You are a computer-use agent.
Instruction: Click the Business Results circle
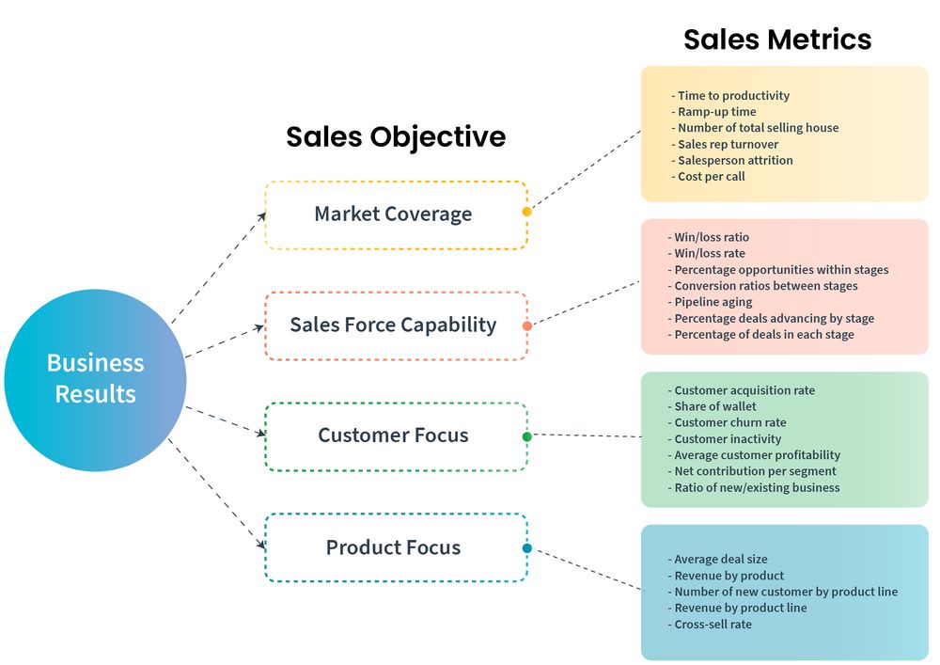[95, 379]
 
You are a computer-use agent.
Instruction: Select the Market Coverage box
[394, 214]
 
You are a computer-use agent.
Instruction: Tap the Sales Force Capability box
[394, 325]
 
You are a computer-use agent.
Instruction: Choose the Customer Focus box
[394, 435]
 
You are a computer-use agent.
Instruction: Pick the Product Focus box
[394, 547]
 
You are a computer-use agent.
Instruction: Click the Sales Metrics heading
[777, 40]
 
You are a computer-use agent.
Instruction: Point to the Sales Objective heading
[396, 136]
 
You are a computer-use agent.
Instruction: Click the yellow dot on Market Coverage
[527, 212]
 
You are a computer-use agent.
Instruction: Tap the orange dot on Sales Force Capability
[527, 325]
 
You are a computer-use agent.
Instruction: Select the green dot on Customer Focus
[527, 436]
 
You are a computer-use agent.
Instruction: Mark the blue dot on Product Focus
[527, 548]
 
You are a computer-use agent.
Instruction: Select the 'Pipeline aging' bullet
[713, 302]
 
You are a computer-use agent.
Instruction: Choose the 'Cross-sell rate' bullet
[713, 625]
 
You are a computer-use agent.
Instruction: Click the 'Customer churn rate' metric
[729, 422]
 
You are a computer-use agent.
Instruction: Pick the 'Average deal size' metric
[720, 560]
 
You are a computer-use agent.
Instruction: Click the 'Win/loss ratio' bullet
[712, 237]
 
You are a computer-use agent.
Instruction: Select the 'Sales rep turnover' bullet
[728, 144]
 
